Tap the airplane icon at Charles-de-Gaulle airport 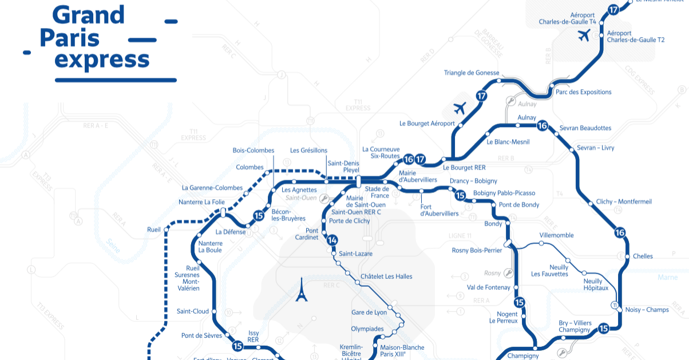(x=584, y=36)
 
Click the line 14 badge (x=332, y=240)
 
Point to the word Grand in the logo (x=88, y=15)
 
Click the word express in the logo (x=102, y=59)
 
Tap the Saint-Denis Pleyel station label (x=343, y=167)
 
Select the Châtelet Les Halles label (x=386, y=277)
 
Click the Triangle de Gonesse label (x=472, y=73)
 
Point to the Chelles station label (x=643, y=256)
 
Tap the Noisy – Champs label (x=647, y=310)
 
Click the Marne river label (x=667, y=278)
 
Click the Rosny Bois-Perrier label (x=477, y=250)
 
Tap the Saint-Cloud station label (x=193, y=311)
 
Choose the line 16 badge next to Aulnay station (x=543, y=126)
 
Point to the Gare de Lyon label (x=369, y=312)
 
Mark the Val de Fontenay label (x=489, y=287)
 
